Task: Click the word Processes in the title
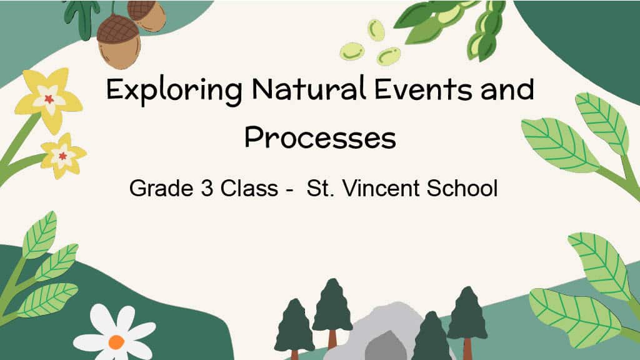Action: pos(320,138)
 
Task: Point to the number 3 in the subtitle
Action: pos(207,188)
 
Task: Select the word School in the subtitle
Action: pos(462,188)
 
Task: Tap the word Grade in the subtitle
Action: pos(161,188)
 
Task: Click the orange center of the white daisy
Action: pos(116,342)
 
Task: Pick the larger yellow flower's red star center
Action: pos(49,99)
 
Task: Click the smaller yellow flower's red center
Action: pos(62,156)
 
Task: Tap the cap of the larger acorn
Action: pos(118,29)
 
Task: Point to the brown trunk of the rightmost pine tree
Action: pos(467,349)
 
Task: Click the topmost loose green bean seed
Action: pos(376,30)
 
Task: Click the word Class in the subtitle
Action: pos(249,188)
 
